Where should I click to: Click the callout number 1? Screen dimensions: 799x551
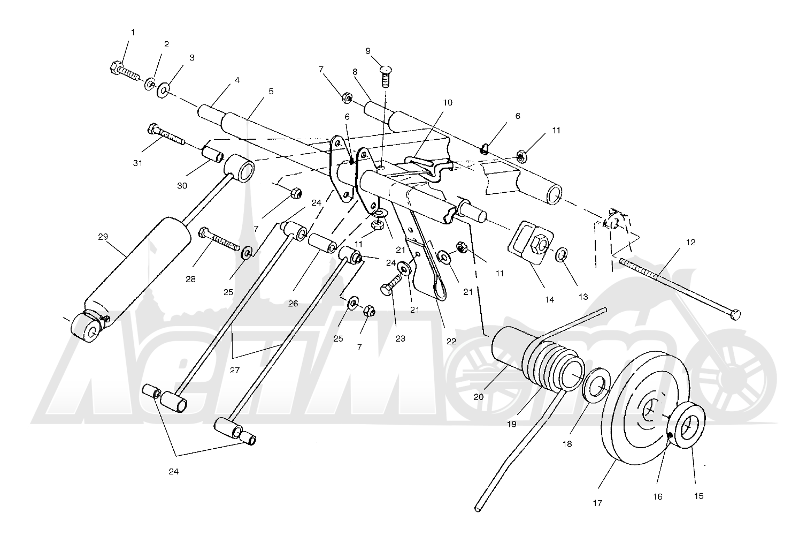pos(133,33)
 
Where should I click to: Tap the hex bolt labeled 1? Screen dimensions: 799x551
pos(125,72)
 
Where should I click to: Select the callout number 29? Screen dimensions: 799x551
pos(103,237)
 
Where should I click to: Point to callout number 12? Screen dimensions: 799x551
pos(691,243)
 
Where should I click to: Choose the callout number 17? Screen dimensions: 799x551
pos(597,503)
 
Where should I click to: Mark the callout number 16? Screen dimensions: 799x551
pos(657,497)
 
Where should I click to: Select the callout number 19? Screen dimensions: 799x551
pos(511,424)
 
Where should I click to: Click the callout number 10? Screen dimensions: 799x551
pos(448,103)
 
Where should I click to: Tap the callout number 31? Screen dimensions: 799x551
pos(137,163)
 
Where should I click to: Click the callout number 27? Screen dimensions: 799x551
pos(234,371)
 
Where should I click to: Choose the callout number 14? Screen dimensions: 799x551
pos(549,300)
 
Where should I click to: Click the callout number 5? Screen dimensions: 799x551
pos(271,92)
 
